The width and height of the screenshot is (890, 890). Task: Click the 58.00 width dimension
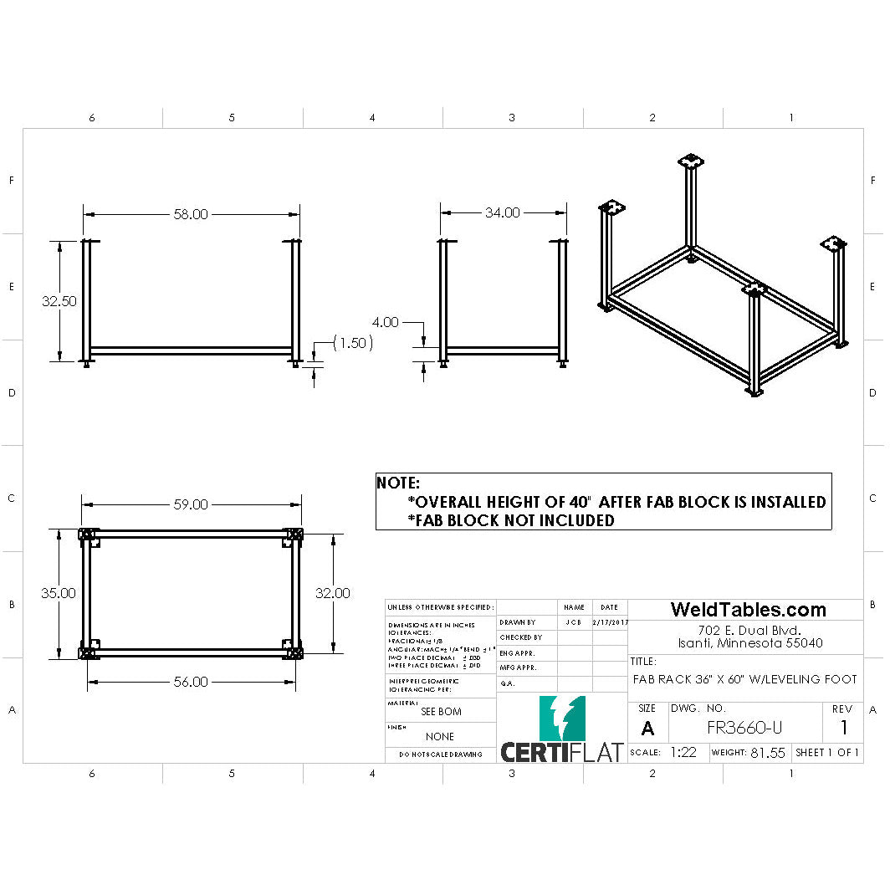(x=191, y=214)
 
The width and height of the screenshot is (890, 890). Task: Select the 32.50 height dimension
(x=59, y=301)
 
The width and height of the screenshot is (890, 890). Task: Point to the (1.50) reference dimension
(x=353, y=343)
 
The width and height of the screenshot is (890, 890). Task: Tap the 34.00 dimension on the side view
(x=502, y=213)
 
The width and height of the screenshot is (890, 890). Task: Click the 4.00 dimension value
(x=385, y=322)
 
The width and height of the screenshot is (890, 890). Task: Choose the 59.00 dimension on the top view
(x=191, y=505)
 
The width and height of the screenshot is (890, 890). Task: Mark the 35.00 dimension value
(x=59, y=593)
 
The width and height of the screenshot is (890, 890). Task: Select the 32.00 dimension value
(x=333, y=593)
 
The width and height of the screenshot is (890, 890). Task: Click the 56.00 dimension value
(x=191, y=682)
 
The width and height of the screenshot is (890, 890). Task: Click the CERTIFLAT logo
(x=562, y=732)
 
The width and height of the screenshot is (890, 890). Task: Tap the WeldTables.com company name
(x=748, y=610)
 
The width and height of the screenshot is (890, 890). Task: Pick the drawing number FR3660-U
(x=745, y=728)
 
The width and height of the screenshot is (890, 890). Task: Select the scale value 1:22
(x=683, y=753)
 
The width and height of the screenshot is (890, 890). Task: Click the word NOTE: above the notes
(x=398, y=483)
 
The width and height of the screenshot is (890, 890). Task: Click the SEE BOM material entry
(x=440, y=712)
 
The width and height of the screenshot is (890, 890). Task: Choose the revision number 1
(x=844, y=728)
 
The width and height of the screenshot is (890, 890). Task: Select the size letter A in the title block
(x=647, y=729)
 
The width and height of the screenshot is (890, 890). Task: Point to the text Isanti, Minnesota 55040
(x=750, y=643)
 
